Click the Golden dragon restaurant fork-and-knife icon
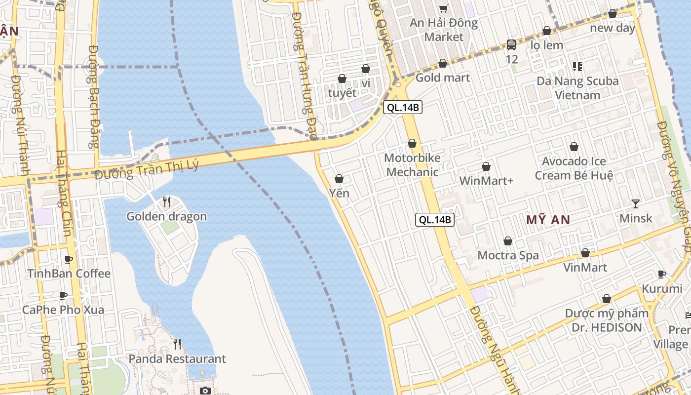[x=167, y=202]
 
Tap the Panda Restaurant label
[x=177, y=358]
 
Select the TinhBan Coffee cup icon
[x=69, y=259]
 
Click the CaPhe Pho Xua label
[x=63, y=310]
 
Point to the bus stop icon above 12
[x=511, y=45]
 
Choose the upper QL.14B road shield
[x=403, y=107]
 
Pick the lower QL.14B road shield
[x=435, y=220]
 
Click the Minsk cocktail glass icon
[x=636, y=203]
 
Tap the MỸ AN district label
[x=548, y=220]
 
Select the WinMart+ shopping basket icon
[x=486, y=167]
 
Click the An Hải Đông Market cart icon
[x=444, y=8]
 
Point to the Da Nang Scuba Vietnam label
[x=577, y=88]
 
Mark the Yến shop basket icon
[x=339, y=179]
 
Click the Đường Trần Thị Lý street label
[x=147, y=169]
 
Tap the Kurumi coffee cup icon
[x=662, y=274]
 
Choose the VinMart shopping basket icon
[x=585, y=253]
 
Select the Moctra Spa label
[x=508, y=255]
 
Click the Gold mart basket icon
[x=443, y=63]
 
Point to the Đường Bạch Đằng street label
[x=94, y=96]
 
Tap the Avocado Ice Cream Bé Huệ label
[x=574, y=168]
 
